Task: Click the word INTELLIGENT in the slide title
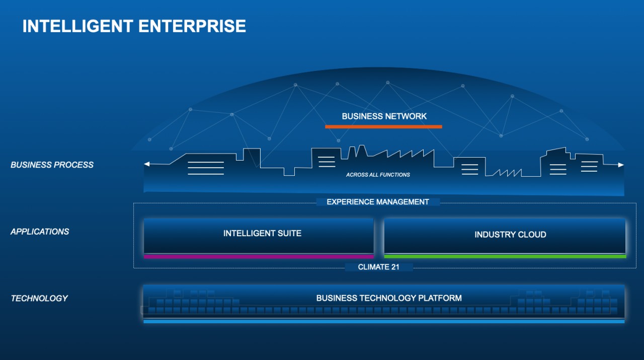coord(77,26)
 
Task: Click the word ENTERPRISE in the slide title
coord(192,26)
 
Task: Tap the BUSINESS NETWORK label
coord(384,116)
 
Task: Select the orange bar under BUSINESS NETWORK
coord(383,126)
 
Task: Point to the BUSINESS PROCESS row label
coord(52,165)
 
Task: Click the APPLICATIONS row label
coord(40,232)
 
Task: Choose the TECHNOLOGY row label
coord(39,299)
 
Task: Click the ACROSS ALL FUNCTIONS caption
coord(378,175)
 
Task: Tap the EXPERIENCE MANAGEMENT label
coord(378,202)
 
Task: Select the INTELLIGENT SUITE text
coord(262,234)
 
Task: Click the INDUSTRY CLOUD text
coord(510,235)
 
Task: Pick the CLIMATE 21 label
coord(379,267)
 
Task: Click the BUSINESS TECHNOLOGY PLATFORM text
coord(389,298)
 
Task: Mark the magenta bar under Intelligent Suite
coord(259,256)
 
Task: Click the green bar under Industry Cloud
coord(505,256)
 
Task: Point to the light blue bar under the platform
coord(384,321)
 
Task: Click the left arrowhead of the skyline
coord(146,164)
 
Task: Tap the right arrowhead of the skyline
coord(621,165)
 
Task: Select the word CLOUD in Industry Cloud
coord(532,235)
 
